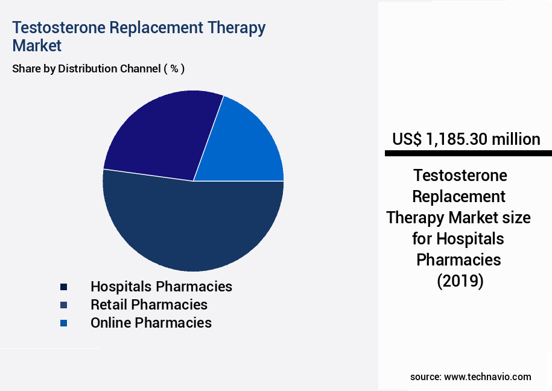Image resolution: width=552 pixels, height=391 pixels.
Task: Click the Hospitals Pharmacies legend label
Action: click(161, 286)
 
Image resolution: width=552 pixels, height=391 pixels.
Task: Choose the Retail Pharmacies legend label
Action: click(149, 305)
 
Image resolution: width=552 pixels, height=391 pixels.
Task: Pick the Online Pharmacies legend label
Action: click(151, 323)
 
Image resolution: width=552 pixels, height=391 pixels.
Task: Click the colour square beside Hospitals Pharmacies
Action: click(63, 287)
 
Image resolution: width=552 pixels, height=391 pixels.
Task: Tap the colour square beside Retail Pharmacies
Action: click(63, 305)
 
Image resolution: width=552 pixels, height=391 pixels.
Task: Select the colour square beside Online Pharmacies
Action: click(63, 323)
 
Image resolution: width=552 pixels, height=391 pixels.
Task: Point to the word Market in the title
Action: click(37, 46)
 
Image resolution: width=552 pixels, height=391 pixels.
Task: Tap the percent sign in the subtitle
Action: click(174, 69)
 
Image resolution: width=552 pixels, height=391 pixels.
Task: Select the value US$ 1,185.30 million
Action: click(466, 139)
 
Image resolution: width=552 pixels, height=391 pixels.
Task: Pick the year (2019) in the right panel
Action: click(460, 281)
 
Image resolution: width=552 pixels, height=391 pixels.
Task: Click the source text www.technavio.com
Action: click(487, 377)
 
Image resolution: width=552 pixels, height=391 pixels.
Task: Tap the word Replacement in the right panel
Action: click(459, 197)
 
